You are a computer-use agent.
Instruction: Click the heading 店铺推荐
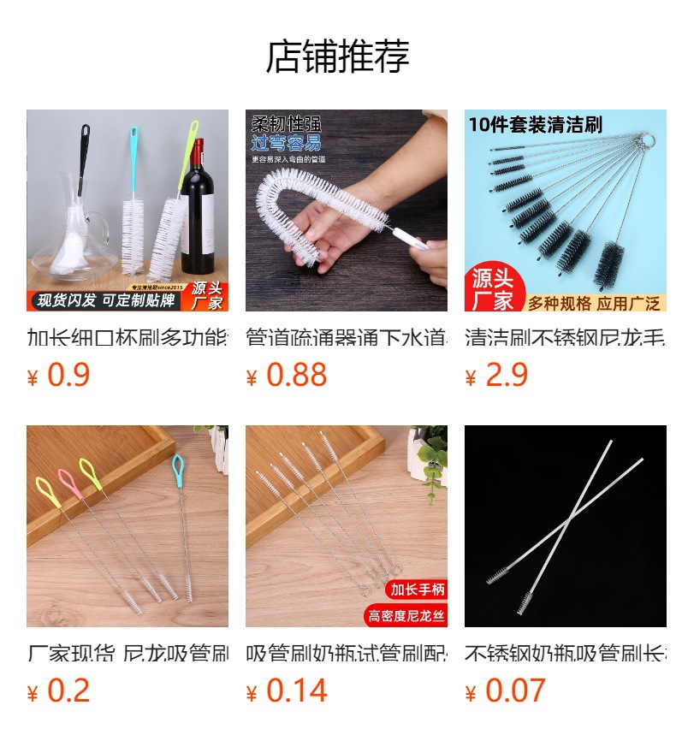(338, 56)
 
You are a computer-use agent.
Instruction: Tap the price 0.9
(68, 375)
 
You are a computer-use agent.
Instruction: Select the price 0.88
(296, 375)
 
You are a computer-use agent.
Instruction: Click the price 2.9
(507, 375)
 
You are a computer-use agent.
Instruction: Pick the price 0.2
(68, 691)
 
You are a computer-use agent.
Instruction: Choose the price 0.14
(296, 691)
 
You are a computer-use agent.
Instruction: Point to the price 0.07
(515, 691)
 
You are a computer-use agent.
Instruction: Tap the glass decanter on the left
(68, 231)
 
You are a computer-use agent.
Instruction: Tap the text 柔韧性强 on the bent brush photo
(286, 124)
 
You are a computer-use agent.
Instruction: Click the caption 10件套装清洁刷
(535, 125)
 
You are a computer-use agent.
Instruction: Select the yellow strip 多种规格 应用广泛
(592, 303)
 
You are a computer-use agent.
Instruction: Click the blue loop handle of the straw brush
(178, 467)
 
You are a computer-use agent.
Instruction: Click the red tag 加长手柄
(418, 590)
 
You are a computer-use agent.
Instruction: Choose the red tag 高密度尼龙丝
(406, 615)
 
